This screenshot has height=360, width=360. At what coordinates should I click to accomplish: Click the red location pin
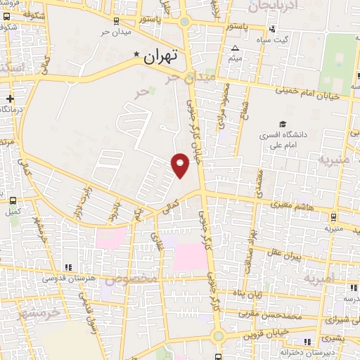180,165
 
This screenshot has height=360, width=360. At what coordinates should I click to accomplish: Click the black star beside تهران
136,53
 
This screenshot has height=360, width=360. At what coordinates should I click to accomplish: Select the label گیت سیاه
293,39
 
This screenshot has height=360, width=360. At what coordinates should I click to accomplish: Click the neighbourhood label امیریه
321,279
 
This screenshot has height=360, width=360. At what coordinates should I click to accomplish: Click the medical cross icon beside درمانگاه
9,98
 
